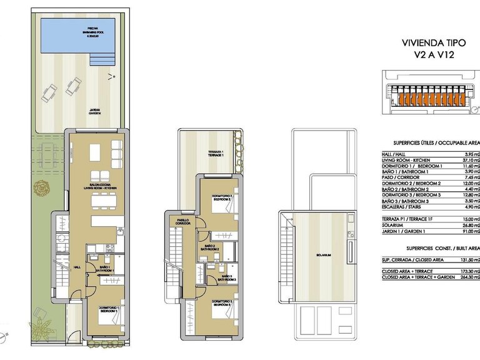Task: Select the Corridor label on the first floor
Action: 182,221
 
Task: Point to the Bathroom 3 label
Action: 227,279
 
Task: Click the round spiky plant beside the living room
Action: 41,186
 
